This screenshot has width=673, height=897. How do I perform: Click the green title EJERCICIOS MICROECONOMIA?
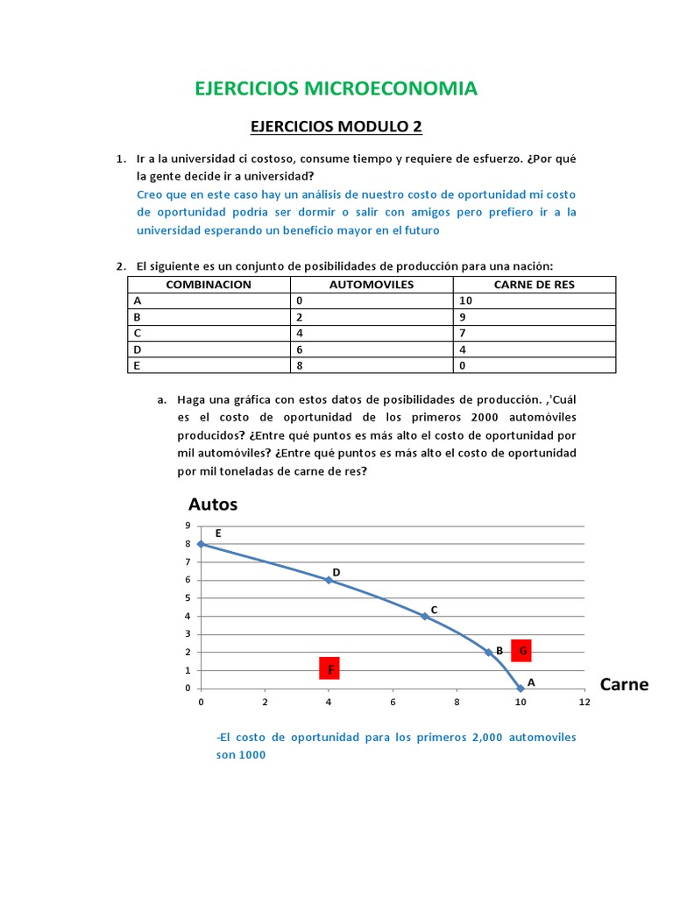point(336,88)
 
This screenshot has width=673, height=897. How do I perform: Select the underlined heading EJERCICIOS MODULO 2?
point(336,127)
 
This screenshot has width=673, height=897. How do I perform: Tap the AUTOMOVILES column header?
point(372,285)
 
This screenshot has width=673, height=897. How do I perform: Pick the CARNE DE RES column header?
point(534,285)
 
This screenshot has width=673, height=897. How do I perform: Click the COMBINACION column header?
point(209,285)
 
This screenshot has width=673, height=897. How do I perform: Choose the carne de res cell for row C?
point(534,333)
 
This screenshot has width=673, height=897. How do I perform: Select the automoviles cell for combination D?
point(372,349)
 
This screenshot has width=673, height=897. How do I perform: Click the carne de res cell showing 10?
point(534,300)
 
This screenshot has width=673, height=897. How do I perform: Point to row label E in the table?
point(209,365)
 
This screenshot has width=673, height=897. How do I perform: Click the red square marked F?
point(329,670)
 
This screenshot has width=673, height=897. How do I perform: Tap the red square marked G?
point(522,651)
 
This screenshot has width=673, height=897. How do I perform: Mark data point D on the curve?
point(329,580)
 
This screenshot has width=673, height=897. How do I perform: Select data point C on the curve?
point(424,616)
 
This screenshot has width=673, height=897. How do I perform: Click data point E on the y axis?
point(201,544)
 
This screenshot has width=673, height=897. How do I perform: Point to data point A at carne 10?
point(521,689)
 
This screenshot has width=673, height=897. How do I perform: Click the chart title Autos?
point(213,505)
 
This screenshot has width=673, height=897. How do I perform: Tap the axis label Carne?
point(624,684)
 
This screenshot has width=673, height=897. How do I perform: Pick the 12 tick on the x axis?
point(584,703)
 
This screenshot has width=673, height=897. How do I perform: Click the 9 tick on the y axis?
point(187,526)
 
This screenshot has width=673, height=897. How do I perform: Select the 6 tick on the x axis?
point(393,703)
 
